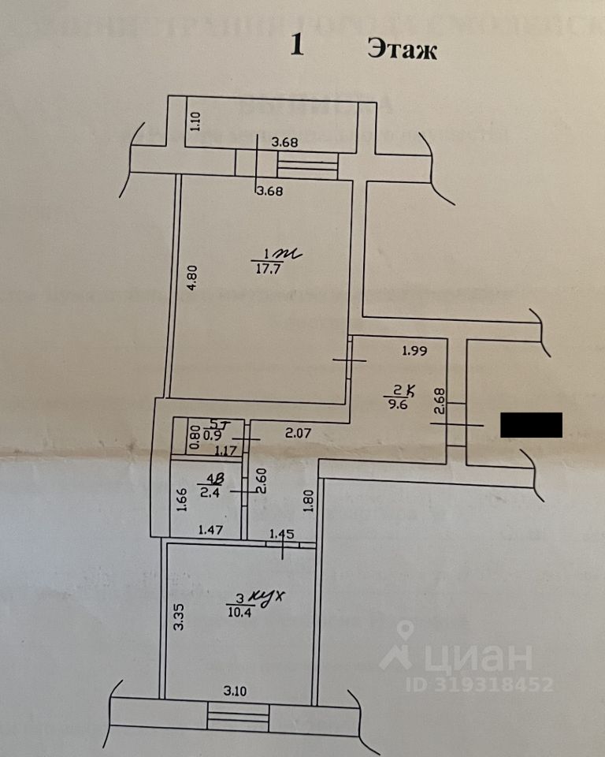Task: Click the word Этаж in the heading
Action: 402,50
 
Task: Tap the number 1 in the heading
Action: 297,45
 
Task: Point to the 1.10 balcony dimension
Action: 197,121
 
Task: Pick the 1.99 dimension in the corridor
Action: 414,352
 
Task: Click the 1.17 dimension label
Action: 226,451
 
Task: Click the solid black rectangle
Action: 531,425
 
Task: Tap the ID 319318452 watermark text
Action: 479,684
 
